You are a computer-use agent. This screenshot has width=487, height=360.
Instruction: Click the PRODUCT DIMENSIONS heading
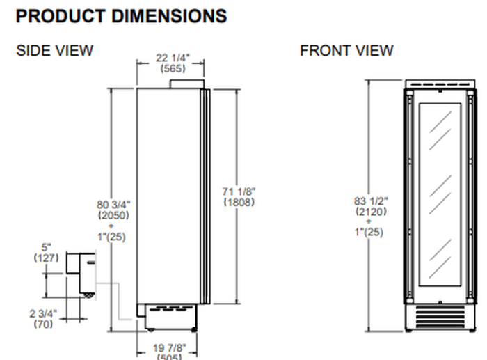coord(121,16)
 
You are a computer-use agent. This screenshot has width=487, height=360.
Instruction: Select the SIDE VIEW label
coord(54,51)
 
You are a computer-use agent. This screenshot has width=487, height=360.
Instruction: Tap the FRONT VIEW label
coord(346,51)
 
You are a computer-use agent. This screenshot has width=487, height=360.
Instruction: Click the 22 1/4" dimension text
coord(170,58)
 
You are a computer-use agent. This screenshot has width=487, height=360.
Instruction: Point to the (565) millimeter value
coord(170,69)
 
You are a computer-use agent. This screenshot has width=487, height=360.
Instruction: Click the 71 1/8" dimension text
coord(239,192)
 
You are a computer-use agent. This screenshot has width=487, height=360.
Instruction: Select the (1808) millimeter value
coord(239,203)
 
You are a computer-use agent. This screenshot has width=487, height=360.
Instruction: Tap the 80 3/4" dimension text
coord(113,205)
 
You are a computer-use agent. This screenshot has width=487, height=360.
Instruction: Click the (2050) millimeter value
coord(113,215)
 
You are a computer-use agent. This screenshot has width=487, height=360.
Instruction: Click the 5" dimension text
coord(46,246)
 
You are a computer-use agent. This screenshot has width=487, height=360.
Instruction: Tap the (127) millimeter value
coord(46,257)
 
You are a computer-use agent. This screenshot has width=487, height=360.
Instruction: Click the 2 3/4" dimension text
coord(42,314)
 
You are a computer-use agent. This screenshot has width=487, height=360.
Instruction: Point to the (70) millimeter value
coord(42,324)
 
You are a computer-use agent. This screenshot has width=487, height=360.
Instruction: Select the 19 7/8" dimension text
coord(170,348)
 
